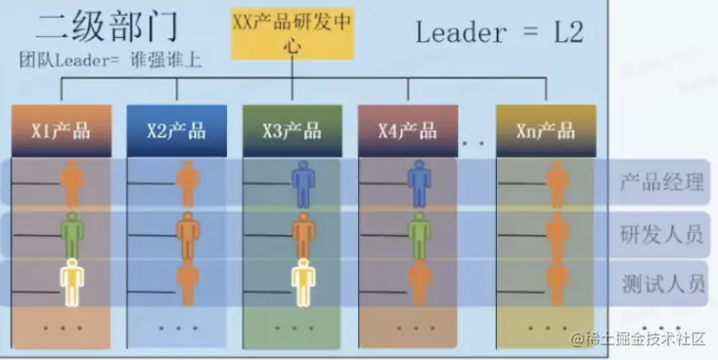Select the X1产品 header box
pyautogui.click(x=53, y=130)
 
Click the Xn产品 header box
pyautogui.click(x=534, y=130)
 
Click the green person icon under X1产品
pyautogui.click(x=71, y=233)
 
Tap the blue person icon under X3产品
pyautogui.click(x=304, y=182)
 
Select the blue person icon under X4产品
pyautogui.click(x=420, y=182)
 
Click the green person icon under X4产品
pyautogui.click(x=420, y=233)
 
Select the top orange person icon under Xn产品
pyautogui.click(x=558, y=182)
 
